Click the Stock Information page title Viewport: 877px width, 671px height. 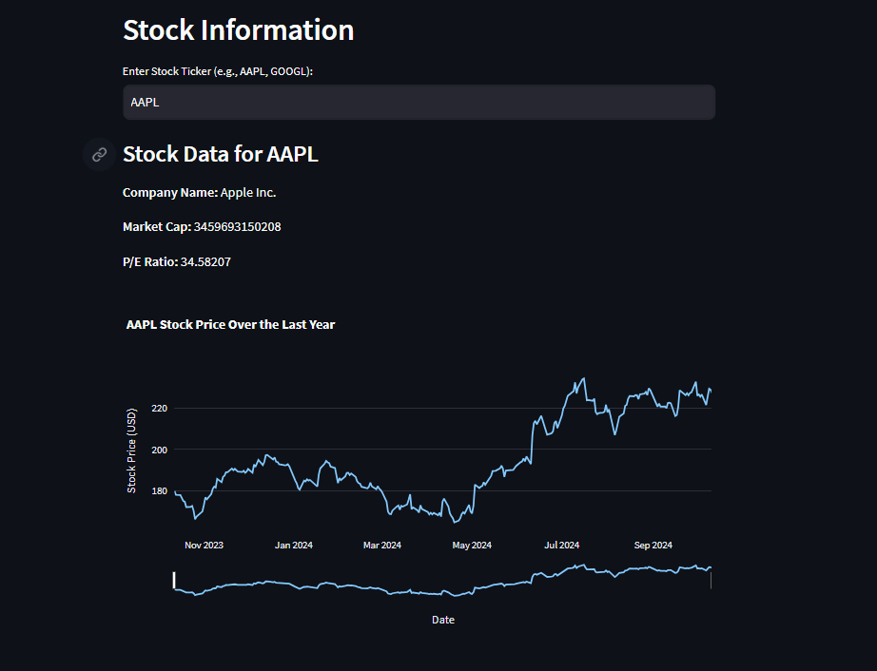(238, 30)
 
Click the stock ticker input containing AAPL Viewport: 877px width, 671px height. (419, 103)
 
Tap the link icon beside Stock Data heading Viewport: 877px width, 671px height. (99, 154)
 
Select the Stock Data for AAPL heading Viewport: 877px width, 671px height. (221, 154)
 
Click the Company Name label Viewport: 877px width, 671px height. (170, 193)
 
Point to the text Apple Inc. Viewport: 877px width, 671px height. (248, 193)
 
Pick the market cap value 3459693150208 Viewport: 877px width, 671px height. (237, 227)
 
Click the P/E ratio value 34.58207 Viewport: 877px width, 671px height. (205, 261)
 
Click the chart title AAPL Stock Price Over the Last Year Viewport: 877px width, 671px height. (230, 324)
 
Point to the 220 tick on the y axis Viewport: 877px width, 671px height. (158, 408)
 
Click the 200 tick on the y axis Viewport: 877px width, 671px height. (158, 450)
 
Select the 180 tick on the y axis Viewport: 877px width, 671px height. (158, 491)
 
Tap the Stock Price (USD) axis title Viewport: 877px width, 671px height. (132, 450)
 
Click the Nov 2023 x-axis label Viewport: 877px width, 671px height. (205, 546)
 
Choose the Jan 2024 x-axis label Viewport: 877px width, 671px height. (294, 546)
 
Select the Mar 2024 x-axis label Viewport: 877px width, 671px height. (382, 546)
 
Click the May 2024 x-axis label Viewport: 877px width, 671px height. (472, 546)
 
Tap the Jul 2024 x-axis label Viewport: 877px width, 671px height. (562, 546)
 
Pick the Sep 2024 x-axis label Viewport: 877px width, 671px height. (653, 546)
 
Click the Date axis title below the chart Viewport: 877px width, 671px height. (443, 620)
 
